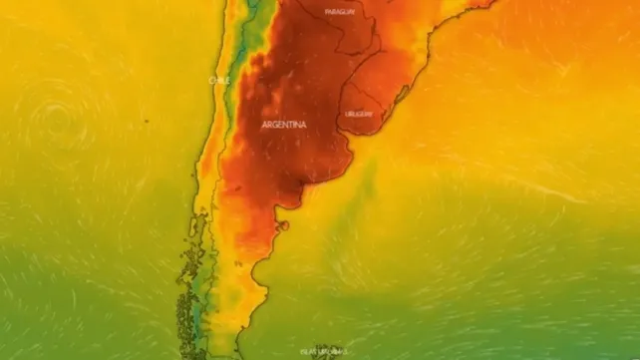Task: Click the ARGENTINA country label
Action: [284, 125]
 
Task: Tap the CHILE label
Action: [219, 79]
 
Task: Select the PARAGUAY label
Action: [341, 12]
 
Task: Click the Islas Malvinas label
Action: [324, 351]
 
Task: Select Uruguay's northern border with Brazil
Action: [374, 84]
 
